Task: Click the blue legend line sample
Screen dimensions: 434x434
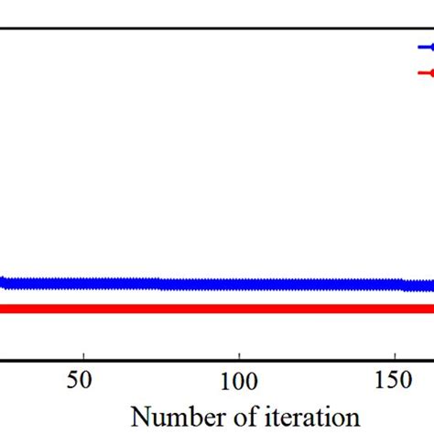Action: pos(426,48)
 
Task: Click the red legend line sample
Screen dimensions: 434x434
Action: pos(426,72)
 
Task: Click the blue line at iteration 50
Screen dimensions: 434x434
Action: pos(83,283)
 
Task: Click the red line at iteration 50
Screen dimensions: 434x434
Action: pos(83,309)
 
